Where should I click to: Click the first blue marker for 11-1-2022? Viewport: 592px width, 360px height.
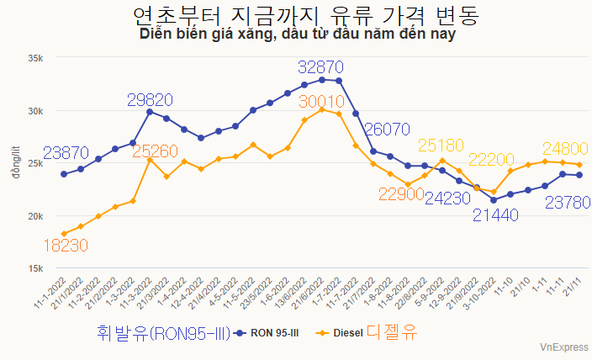[x=64, y=174]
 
